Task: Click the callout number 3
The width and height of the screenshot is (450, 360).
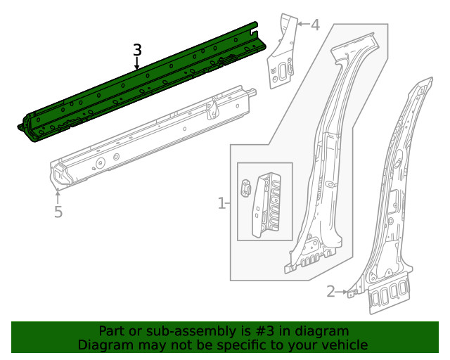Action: coord(137,50)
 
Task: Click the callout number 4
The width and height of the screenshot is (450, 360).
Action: coord(314,26)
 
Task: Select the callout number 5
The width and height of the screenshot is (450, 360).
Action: coord(58,212)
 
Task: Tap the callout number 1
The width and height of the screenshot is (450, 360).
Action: coord(221,204)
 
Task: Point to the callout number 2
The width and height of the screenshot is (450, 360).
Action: coord(330,291)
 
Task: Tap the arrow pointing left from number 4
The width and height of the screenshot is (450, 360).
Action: coord(302,25)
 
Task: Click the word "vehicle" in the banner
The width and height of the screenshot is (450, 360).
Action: coord(341,345)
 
